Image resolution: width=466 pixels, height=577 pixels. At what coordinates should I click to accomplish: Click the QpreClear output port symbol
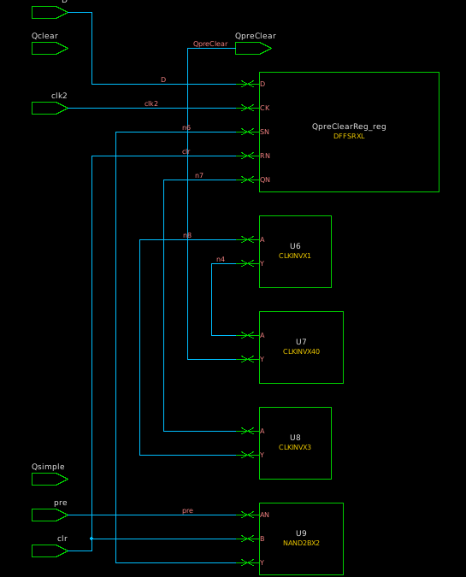252,49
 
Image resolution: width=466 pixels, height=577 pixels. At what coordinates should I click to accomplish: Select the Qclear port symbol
49,49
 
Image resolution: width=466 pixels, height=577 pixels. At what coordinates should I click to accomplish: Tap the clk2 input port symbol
49,108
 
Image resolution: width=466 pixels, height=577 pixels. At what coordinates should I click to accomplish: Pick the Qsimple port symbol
49,480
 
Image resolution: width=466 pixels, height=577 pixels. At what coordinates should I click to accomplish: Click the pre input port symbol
49,515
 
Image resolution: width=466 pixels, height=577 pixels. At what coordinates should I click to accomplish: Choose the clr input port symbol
49,551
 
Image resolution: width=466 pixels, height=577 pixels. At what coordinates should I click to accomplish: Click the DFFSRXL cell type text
349,136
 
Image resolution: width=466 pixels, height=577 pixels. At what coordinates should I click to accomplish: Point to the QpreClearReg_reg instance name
349,127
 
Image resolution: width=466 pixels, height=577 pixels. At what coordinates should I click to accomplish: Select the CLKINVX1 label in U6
295,256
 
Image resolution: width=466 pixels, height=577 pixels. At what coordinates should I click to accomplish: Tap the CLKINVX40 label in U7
301,351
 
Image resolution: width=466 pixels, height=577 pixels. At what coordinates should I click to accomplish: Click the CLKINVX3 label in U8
295,447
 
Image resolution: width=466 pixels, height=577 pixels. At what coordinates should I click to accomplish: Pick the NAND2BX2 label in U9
301,543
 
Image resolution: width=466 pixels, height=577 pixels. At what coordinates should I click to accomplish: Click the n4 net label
221,259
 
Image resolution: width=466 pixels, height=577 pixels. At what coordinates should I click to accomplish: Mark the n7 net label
199,175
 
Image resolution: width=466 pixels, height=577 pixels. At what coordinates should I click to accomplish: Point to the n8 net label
187,235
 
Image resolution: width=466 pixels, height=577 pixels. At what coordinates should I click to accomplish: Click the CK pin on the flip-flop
263,108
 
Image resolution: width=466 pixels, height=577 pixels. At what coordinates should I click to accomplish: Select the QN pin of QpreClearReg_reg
264,180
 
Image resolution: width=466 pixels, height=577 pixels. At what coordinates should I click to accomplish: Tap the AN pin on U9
264,515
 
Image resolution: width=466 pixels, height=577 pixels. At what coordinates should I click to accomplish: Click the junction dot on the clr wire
91,539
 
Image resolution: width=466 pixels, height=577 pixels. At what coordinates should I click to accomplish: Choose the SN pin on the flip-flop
264,132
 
